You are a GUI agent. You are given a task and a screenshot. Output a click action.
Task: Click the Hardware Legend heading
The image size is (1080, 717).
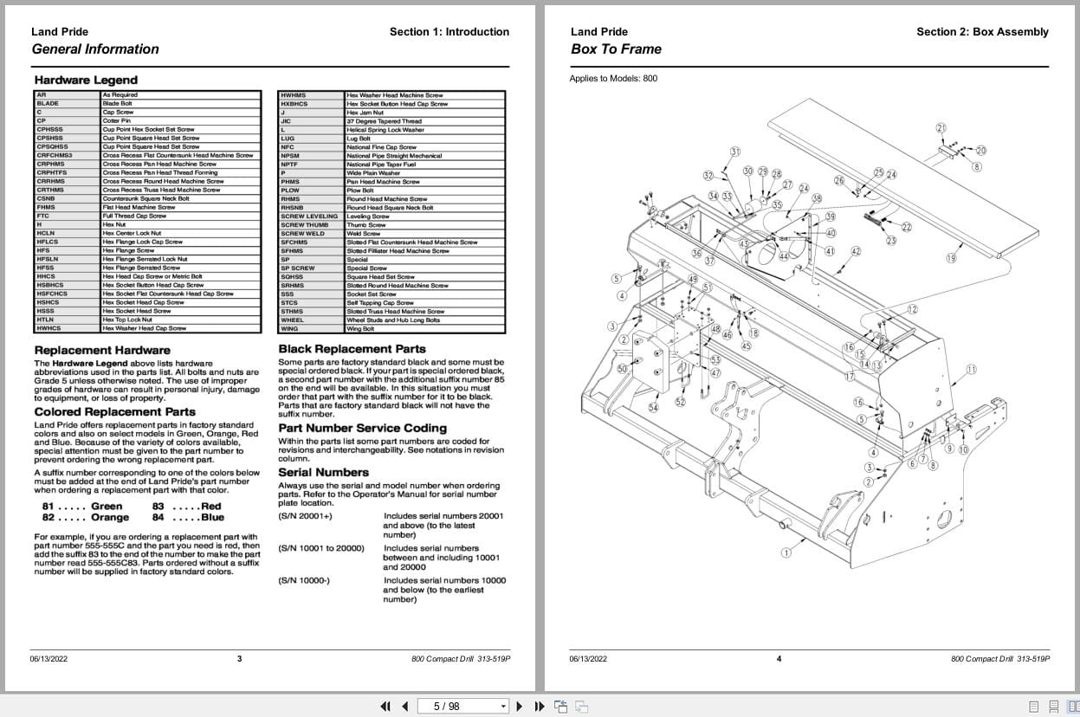[86, 81]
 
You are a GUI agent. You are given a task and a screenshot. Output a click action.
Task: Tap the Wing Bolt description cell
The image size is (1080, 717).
[360, 329]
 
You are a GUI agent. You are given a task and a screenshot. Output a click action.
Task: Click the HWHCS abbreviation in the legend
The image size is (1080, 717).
[49, 328]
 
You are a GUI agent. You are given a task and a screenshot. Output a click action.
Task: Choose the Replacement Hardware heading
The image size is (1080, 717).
[96, 350]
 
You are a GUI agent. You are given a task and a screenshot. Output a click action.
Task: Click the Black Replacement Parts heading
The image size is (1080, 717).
[352, 349]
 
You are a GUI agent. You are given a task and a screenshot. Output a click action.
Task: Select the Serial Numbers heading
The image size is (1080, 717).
[323, 472]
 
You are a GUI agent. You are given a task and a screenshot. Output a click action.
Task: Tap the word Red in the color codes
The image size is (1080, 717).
[210, 506]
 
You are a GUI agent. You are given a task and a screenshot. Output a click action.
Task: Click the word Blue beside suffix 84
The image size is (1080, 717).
[212, 517]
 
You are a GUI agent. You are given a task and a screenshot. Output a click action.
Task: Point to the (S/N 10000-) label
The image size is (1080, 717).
[304, 580]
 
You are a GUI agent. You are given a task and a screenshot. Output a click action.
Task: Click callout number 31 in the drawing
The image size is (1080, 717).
[735, 152]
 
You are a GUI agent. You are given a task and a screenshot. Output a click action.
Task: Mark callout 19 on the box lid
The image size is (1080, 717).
[951, 258]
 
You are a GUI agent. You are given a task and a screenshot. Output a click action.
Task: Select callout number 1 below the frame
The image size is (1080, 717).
[786, 552]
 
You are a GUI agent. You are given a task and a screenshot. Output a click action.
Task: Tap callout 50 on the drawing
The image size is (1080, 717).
[622, 369]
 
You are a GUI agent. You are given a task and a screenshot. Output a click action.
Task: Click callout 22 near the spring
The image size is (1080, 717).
[907, 227]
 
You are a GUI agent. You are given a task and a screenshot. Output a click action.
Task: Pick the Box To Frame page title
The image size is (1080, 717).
[616, 49]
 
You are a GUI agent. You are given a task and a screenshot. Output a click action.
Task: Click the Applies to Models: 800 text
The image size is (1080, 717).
[613, 79]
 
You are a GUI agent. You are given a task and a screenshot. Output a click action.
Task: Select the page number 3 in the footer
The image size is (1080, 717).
[240, 659]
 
